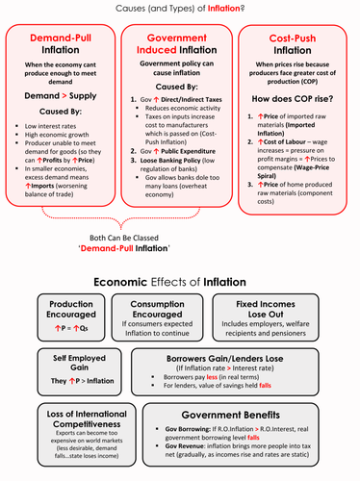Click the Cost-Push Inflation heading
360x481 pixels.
(299, 49)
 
